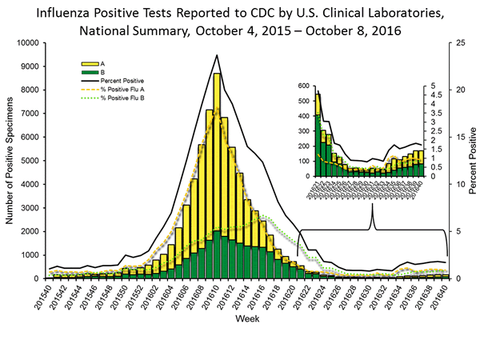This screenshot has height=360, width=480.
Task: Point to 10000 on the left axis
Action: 29,42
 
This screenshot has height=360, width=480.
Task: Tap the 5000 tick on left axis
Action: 31,161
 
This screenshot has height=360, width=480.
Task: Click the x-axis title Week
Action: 246,318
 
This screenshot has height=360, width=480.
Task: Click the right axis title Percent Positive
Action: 473,160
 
